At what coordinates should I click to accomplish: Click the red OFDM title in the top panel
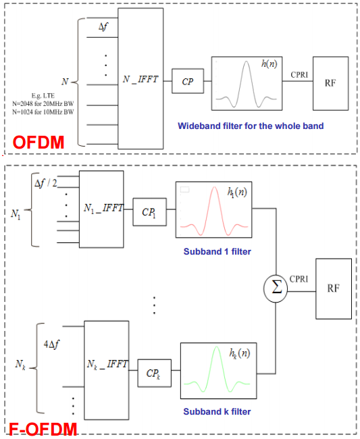(38, 143)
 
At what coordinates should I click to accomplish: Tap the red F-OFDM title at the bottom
(43, 429)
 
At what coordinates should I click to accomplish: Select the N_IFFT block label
(140, 80)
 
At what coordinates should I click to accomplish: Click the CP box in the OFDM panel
(188, 81)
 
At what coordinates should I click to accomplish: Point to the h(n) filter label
(269, 64)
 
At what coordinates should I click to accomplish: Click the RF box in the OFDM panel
(330, 84)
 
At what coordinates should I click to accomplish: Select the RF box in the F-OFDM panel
(334, 288)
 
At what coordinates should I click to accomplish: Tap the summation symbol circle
(276, 288)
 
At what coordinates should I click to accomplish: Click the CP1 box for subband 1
(149, 212)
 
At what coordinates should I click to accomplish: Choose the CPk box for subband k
(154, 373)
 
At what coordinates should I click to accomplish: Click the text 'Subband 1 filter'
(217, 251)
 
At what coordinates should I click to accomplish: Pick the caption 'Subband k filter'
(217, 411)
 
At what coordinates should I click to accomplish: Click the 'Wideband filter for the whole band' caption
(251, 126)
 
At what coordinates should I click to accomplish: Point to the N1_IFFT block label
(103, 208)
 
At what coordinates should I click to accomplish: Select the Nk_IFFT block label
(108, 364)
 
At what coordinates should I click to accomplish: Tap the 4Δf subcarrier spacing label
(51, 344)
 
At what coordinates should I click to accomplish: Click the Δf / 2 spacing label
(46, 184)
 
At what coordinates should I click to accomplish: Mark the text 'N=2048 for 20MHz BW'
(43, 104)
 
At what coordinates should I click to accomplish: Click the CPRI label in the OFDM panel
(299, 75)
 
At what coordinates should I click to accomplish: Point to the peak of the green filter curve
(217, 347)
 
